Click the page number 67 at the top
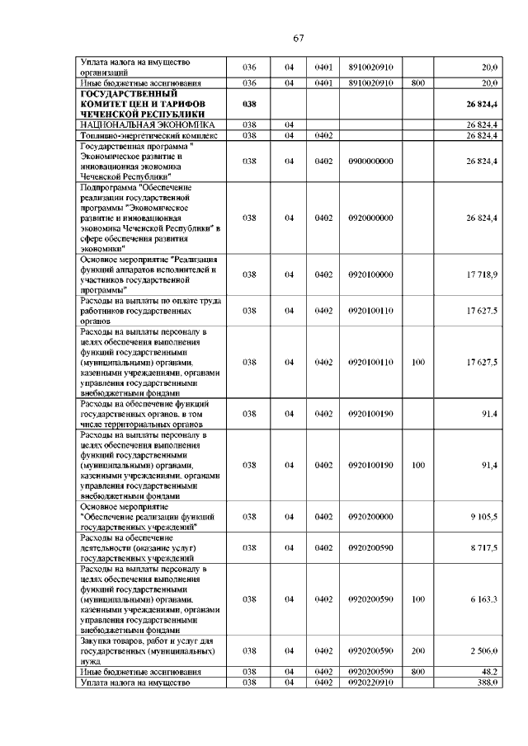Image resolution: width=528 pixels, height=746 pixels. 299,37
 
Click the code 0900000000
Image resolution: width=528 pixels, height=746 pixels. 370,161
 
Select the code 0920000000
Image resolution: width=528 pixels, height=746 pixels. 370,218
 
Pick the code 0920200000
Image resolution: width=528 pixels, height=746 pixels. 370,517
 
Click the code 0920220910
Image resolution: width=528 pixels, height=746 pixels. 370,683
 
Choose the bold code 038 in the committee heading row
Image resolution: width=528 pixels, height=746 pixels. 251,104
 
